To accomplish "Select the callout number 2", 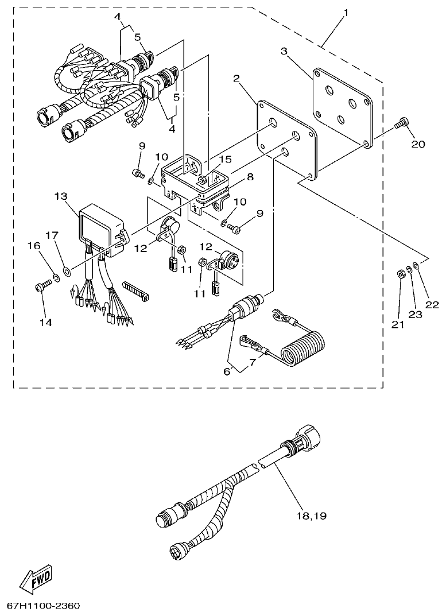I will pyautogui.click(x=236, y=78).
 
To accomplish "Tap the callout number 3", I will pyautogui.click(x=284, y=51).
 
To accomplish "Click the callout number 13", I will pyautogui.click(x=61, y=196).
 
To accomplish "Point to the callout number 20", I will pyautogui.click(x=418, y=144).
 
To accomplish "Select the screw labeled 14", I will pyautogui.click(x=42, y=285).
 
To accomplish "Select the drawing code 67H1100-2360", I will pyautogui.click(x=44, y=606).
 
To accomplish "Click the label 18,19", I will pyautogui.click(x=311, y=516).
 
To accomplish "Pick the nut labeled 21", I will pyautogui.click(x=400, y=273).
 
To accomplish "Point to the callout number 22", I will pyautogui.click(x=432, y=304).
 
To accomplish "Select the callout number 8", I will pyautogui.click(x=250, y=177).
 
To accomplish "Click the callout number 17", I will pyautogui.click(x=52, y=235).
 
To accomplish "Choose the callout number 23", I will pyautogui.click(x=415, y=314).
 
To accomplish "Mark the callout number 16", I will pyautogui.click(x=34, y=246).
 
